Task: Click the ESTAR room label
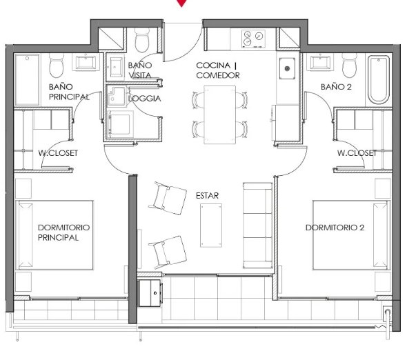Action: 207,195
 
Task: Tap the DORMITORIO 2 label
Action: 335,228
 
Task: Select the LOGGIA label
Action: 145,99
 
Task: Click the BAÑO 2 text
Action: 336,87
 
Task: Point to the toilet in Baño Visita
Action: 142,39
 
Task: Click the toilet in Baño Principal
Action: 57,66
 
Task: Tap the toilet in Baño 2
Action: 349,66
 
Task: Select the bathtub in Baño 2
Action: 379,80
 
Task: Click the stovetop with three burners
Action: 254,39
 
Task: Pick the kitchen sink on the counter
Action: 287,68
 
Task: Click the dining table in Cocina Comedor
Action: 219,114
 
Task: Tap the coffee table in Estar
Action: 211,226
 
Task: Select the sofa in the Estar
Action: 258,226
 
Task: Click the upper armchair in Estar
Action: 168,198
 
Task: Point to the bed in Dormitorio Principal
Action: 54,235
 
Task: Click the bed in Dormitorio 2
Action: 351,235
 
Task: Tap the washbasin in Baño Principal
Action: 86,63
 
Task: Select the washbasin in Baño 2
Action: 320,63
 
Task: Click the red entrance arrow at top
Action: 181,3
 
